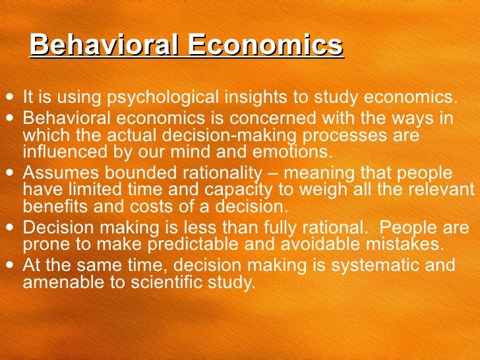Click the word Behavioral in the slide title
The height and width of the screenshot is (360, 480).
coord(104,46)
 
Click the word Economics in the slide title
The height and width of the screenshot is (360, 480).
coord(264,46)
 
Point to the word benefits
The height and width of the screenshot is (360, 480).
coord(51,205)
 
